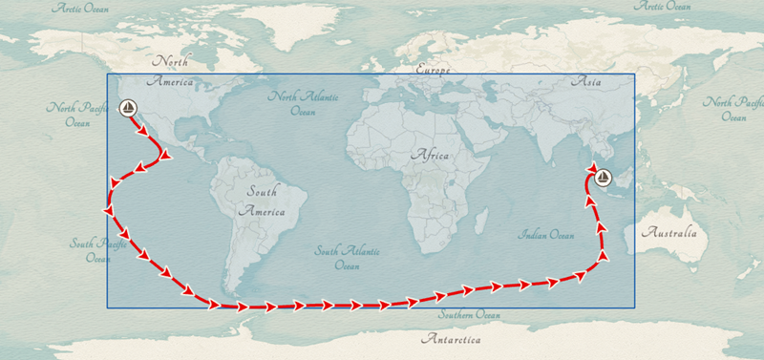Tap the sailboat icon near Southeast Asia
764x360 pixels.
(x=603, y=177)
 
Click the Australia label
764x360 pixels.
(x=668, y=232)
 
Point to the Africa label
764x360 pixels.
(x=429, y=154)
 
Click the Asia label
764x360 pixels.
(x=585, y=82)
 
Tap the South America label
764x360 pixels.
(x=262, y=201)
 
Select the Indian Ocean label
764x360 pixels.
(x=546, y=235)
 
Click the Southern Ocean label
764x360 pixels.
(x=469, y=315)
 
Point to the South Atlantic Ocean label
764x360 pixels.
(x=348, y=258)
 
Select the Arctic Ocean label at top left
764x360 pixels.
(x=80, y=8)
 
